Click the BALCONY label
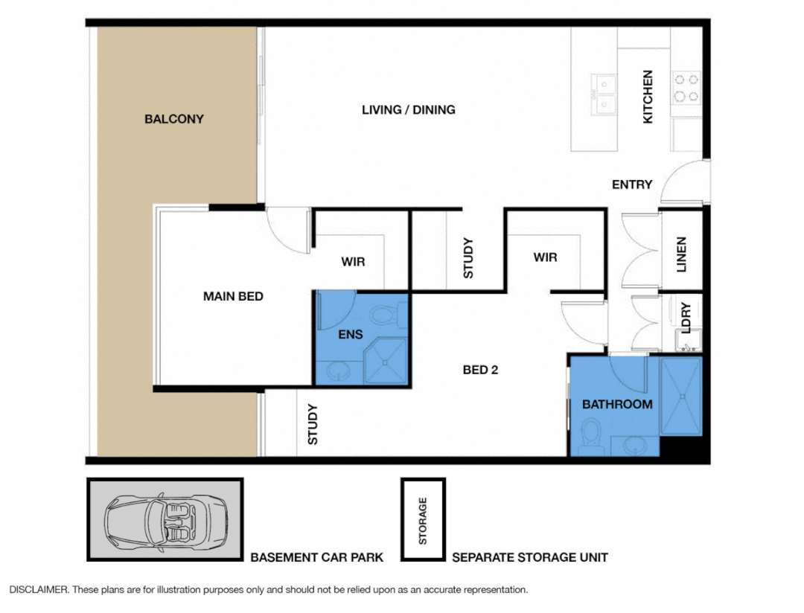tap(174, 119)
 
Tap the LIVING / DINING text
tap(409, 110)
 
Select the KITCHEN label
tap(648, 97)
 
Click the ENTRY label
tap(632, 184)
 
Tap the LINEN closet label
tap(681, 254)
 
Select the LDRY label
tap(686, 318)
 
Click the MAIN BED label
tap(233, 296)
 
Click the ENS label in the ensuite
tap(351, 334)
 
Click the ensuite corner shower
tap(386, 362)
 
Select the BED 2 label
tap(480, 370)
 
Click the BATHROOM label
tap(617, 405)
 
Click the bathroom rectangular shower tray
tap(680, 397)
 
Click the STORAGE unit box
tap(423, 520)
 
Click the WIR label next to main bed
tap(353, 263)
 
